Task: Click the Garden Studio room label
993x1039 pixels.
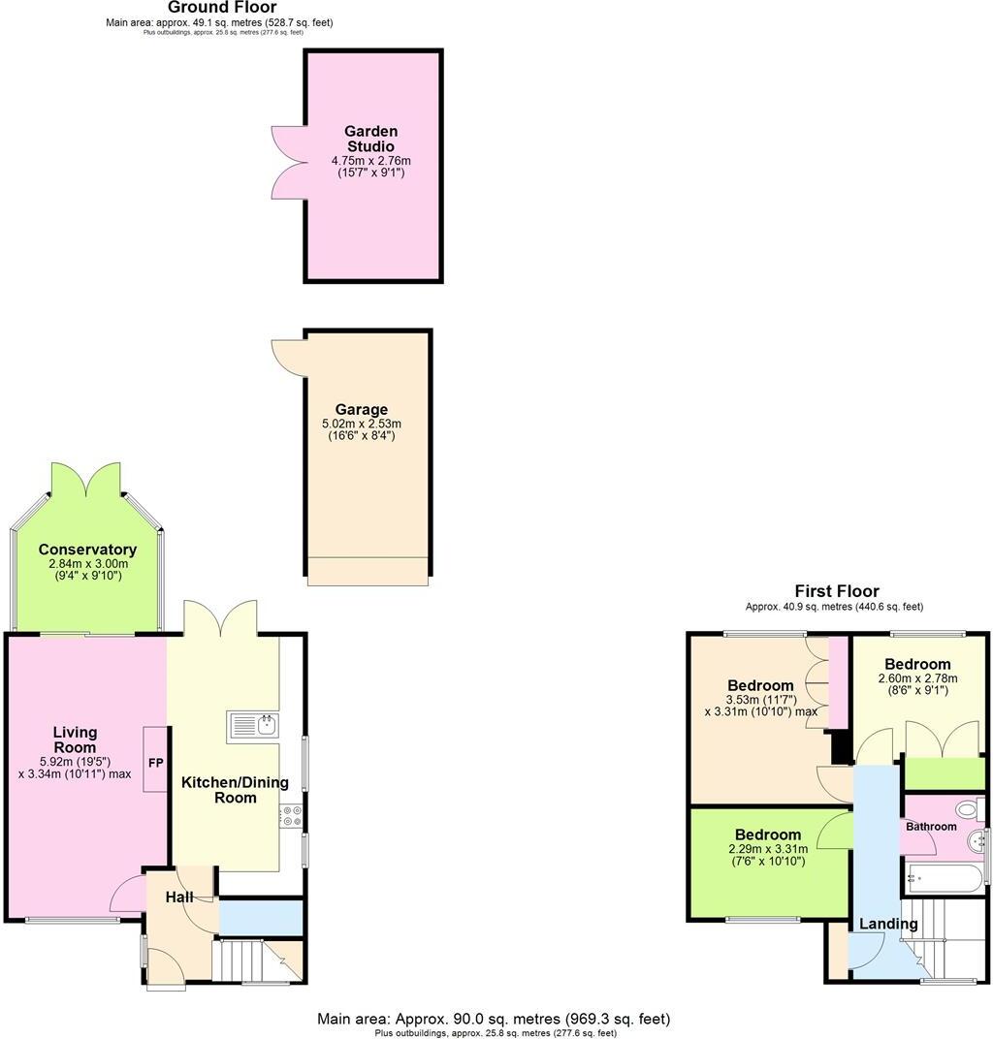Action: point(370,139)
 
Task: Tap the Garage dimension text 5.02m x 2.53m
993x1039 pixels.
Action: point(361,424)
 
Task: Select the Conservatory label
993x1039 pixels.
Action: point(87,550)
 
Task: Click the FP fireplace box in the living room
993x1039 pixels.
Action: point(155,762)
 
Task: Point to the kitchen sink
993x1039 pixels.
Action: point(253,726)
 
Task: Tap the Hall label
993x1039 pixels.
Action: point(178,898)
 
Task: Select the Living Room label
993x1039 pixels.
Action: point(75,740)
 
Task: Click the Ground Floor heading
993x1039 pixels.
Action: point(222,8)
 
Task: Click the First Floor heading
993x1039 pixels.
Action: point(836,590)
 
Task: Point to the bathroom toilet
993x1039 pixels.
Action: point(966,809)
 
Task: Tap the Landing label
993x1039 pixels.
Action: point(888,924)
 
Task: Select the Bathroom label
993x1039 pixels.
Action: point(931,827)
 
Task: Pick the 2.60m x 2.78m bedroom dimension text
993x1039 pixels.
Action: point(917,678)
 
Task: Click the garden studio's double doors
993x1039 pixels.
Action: point(290,158)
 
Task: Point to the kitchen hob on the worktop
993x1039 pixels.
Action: point(291,816)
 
